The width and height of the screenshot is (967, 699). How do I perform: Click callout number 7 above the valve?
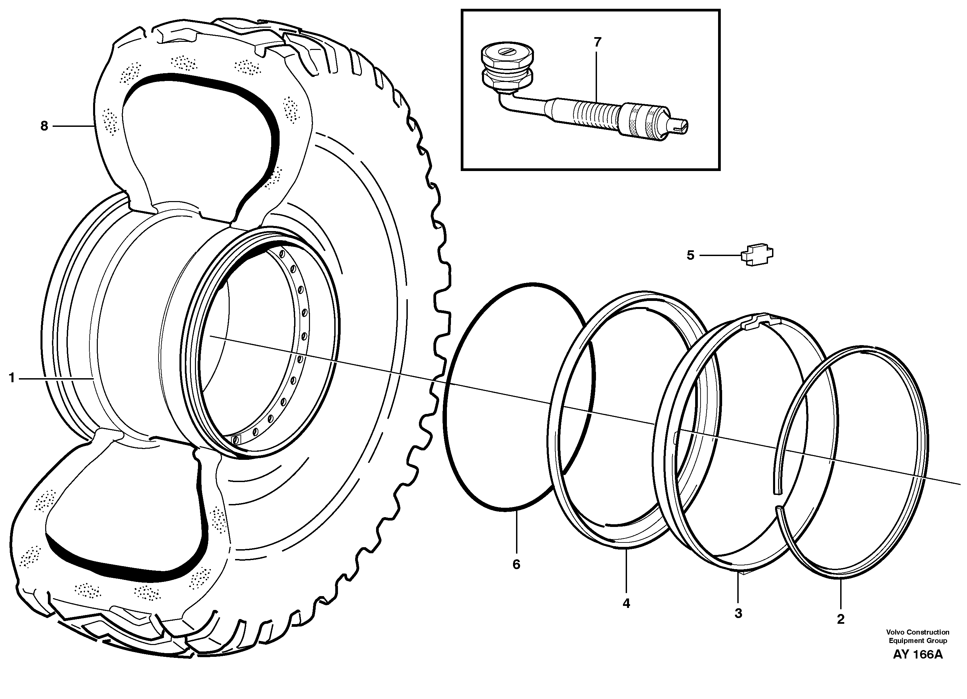pyautogui.click(x=597, y=42)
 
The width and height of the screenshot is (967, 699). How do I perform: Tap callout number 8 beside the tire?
pyautogui.click(x=44, y=126)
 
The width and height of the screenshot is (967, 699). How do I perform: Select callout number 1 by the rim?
pyautogui.click(x=12, y=378)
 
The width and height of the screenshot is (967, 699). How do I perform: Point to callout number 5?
pyautogui.click(x=690, y=255)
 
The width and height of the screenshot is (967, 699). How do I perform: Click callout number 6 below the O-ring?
pyautogui.click(x=516, y=565)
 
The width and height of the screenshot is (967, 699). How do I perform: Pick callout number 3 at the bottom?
pyautogui.click(x=738, y=614)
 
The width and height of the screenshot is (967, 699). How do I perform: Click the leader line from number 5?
pyautogui.click(x=720, y=255)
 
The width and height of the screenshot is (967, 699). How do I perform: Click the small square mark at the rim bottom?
pyautogui.click(x=236, y=439)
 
